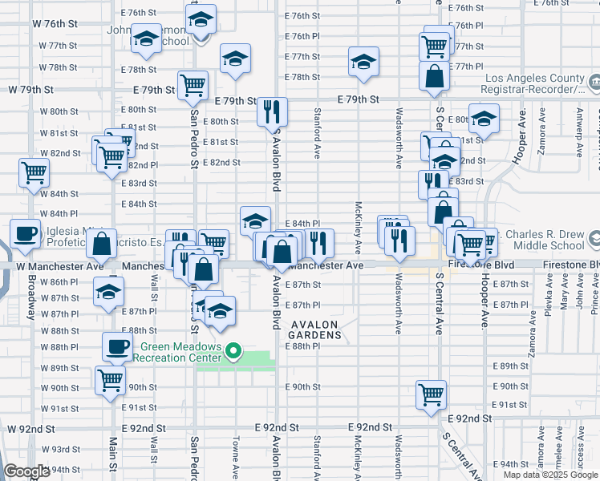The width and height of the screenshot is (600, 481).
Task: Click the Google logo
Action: [26, 471]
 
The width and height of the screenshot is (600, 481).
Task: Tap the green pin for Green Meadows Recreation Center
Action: [233, 350]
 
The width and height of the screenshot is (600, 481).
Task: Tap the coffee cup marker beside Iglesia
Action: [25, 232]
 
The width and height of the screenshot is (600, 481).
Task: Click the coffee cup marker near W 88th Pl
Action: [117, 346]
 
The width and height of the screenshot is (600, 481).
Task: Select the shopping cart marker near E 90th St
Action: [431, 394]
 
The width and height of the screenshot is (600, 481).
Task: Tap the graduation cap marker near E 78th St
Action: [363, 61]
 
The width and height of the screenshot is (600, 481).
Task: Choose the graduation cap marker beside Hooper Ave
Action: [484, 119]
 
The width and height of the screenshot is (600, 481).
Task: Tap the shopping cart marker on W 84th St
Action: [34, 172]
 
